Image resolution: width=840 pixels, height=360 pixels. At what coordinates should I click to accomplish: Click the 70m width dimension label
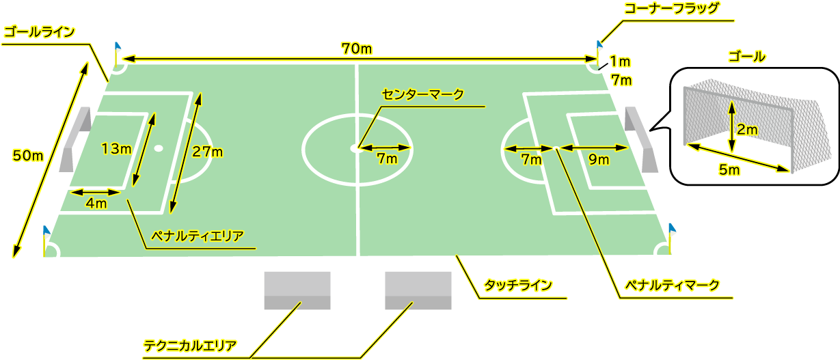pos(357,49)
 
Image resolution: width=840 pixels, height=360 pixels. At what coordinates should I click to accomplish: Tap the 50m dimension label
pos(28,156)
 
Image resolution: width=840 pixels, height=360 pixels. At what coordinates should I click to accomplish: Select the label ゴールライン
pos(40,32)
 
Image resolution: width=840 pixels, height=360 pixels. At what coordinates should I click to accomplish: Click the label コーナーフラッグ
pos(671,8)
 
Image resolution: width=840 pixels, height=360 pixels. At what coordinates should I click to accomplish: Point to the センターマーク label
pos(422,94)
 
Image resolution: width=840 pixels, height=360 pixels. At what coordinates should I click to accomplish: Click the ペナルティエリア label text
pos(198,236)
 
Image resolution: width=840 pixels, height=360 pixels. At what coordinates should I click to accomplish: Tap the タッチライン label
pos(518,286)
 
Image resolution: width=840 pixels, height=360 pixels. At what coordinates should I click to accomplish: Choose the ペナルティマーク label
pos(672,286)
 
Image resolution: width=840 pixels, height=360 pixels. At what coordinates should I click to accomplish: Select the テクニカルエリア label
pos(190,346)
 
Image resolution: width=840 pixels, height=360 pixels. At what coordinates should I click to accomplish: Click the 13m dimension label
pos(117,149)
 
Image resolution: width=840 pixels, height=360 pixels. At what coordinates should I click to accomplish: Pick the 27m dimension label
pos(207,152)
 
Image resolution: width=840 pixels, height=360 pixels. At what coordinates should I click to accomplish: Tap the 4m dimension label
pos(96,204)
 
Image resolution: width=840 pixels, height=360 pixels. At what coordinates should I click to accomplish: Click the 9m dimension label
pos(599,160)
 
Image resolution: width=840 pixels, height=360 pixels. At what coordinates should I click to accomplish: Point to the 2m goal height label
pos(747,130)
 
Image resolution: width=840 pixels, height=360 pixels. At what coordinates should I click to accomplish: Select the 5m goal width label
pos(729,169)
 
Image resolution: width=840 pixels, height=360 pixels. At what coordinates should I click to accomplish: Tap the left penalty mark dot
pos(159,148)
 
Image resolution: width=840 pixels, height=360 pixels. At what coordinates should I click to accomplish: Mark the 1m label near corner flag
pos(620,61)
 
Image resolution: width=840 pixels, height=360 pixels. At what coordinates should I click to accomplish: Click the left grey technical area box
pos(297,290)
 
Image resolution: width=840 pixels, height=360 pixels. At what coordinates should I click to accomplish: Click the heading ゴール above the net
pos(746,57)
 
